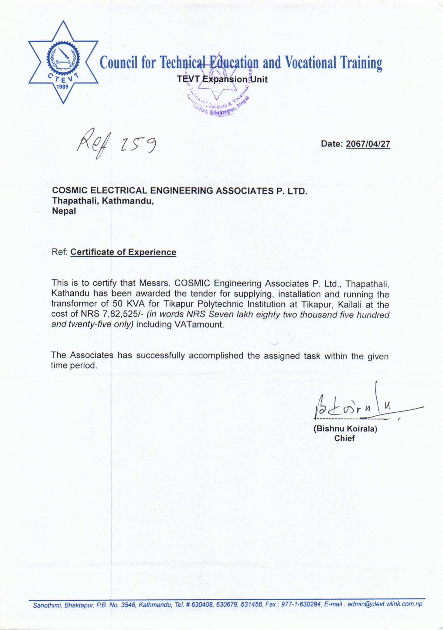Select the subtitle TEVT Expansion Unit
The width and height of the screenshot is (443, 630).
222,79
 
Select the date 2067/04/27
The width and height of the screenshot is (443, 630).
368,144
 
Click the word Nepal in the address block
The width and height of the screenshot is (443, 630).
64,211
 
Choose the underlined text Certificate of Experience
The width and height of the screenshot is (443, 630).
123,252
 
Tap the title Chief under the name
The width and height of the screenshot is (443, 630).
344,438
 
